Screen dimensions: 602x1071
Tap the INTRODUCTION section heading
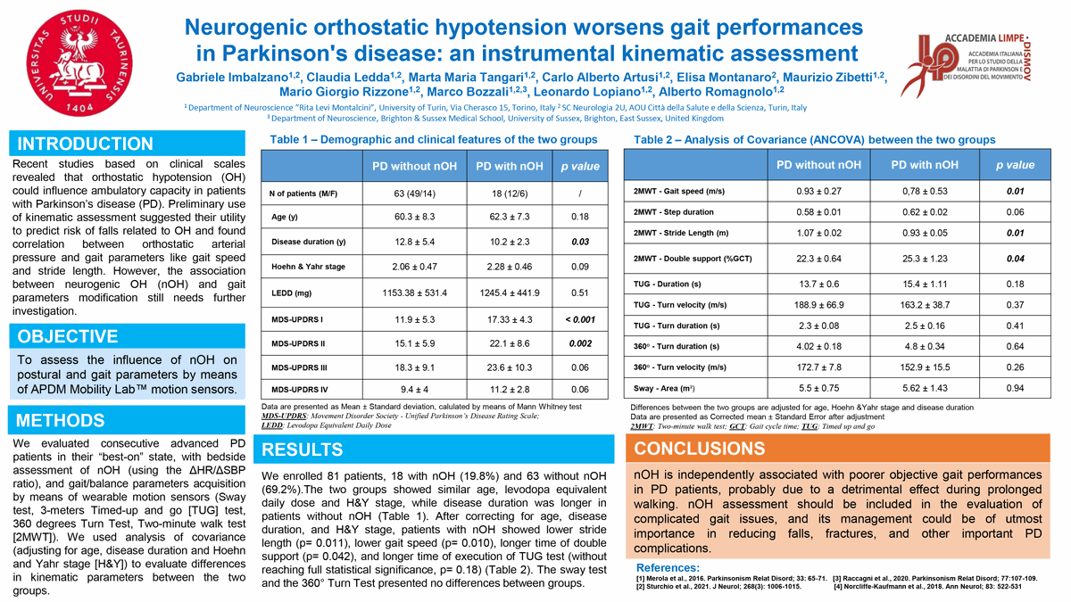coord(86,144)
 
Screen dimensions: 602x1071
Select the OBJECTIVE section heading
coord(68,336)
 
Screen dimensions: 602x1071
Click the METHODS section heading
coord(61,421)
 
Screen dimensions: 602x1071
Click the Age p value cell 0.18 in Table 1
coord(579,217)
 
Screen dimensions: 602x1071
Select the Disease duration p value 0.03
coord(579,242)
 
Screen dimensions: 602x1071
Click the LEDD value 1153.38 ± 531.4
coord(413,293)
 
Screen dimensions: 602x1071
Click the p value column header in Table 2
coord(1009,165)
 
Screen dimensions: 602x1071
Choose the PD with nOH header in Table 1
coord(509,166)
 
